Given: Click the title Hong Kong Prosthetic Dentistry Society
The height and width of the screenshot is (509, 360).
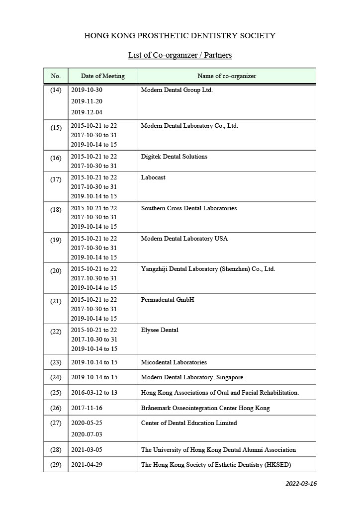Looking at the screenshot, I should click(x=180, y=36).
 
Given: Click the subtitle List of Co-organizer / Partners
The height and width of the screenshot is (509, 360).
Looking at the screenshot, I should click(x=180, y=55).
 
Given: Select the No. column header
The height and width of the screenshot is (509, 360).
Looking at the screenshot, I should click(x=56, y=76).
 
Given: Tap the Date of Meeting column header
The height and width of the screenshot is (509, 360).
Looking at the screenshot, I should click(x=103, y=76).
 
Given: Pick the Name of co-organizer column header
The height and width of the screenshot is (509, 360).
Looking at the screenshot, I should click(x=227, y=76).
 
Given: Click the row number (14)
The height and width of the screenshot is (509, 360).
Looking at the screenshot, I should click(x=56, y=90).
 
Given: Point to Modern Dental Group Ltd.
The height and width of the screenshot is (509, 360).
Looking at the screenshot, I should click(x=177, y=90).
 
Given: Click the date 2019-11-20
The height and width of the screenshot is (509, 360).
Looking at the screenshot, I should click(x=87, y=101).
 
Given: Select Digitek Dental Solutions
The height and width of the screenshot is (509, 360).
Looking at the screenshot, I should click(x=174, y=157).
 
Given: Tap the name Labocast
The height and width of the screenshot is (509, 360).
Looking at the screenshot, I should click(x=153, y=177).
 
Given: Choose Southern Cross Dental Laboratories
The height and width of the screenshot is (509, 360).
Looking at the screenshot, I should click(x=189, y=208).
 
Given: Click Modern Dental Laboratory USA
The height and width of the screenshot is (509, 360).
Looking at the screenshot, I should click(x=184, y=239).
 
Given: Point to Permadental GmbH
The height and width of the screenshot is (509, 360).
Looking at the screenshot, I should click(x=168, y=300).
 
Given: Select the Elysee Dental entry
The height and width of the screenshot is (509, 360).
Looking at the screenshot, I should click(x=160, y=330).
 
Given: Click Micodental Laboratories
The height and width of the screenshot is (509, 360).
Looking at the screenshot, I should click(x=174, y=362).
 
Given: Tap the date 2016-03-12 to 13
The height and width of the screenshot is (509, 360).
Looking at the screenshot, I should click(x=94, y=393).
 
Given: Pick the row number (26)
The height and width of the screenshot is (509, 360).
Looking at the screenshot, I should click(x=56, y=408).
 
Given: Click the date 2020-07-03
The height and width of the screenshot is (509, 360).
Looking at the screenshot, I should click(x=87, y=434).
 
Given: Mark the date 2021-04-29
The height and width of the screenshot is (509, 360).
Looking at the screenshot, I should click(x=87, y=465).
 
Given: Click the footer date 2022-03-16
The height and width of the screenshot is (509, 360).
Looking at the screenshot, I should click(x=301, y=484).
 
